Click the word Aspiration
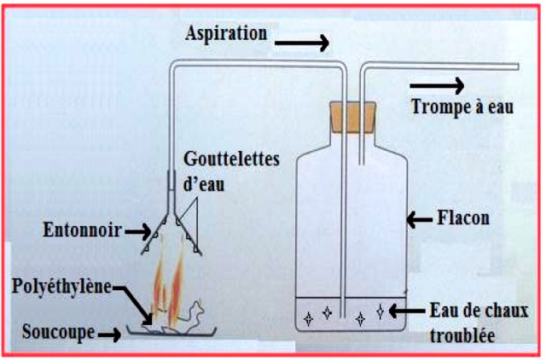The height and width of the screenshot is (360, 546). tap(225, 33)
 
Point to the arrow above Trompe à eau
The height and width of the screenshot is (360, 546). tap(437, 84)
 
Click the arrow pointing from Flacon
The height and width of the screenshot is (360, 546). tap(419, 220)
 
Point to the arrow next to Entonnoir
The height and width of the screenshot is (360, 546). tap(136, 229)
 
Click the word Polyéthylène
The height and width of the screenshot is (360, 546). tap(67, 286)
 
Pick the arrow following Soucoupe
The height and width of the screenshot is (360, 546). tap(108, 333)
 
